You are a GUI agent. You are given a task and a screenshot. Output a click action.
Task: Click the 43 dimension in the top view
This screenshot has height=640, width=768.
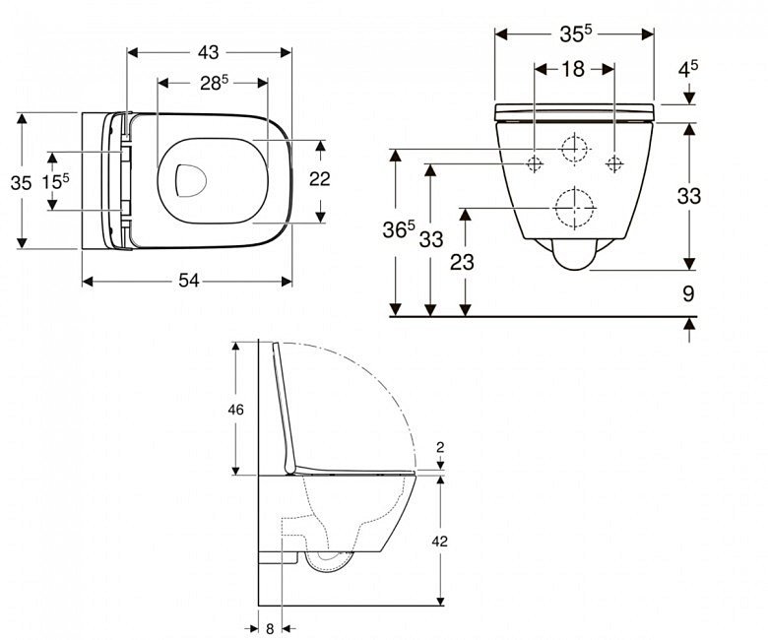(x=208, y=52)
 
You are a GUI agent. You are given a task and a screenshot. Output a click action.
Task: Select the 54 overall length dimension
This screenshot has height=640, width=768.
(x=189, y=281)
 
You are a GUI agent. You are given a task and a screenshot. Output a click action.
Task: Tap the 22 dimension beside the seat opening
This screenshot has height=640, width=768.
(x=319, y=179)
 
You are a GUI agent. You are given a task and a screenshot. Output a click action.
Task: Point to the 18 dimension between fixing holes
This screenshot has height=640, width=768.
(x=573, y=69)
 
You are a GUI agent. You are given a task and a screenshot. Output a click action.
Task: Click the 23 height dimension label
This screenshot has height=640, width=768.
(x=462, y=263)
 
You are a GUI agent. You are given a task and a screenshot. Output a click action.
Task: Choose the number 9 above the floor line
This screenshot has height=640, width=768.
(x=688, y=293)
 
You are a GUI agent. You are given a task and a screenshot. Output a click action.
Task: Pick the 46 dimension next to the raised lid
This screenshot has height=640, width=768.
(x=235, y=410)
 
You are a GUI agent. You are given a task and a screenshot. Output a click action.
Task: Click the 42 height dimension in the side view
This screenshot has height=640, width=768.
(x=440, y=542)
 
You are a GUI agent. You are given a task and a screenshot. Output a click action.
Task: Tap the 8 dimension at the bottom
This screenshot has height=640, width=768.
(x=270, y=629)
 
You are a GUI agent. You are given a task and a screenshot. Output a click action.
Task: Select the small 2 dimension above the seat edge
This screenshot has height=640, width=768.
(x=440, y=447)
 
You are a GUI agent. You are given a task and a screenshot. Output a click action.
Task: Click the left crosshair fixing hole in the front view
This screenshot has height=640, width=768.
(x=535, y=163)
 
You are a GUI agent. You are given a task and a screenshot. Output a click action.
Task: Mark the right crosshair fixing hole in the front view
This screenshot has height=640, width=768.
(x=613, y=163)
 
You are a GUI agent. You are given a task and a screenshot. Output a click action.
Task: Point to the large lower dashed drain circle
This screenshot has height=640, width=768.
(x=574, y=208)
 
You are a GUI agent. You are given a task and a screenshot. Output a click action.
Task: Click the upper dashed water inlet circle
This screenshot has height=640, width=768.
(x=574, y=148)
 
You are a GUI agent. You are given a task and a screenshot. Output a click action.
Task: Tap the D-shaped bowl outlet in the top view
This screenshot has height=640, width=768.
(x=191, y=180)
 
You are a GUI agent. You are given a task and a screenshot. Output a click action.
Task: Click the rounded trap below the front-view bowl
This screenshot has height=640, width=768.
(x=575, y=254)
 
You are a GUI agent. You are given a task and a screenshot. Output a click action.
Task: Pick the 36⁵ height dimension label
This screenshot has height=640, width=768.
(x=399, y=229)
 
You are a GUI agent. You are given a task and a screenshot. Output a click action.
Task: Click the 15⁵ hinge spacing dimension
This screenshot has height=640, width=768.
(x=55, y=181)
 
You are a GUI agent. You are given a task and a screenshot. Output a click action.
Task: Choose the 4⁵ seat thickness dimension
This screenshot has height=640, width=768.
(x=688, y=69)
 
